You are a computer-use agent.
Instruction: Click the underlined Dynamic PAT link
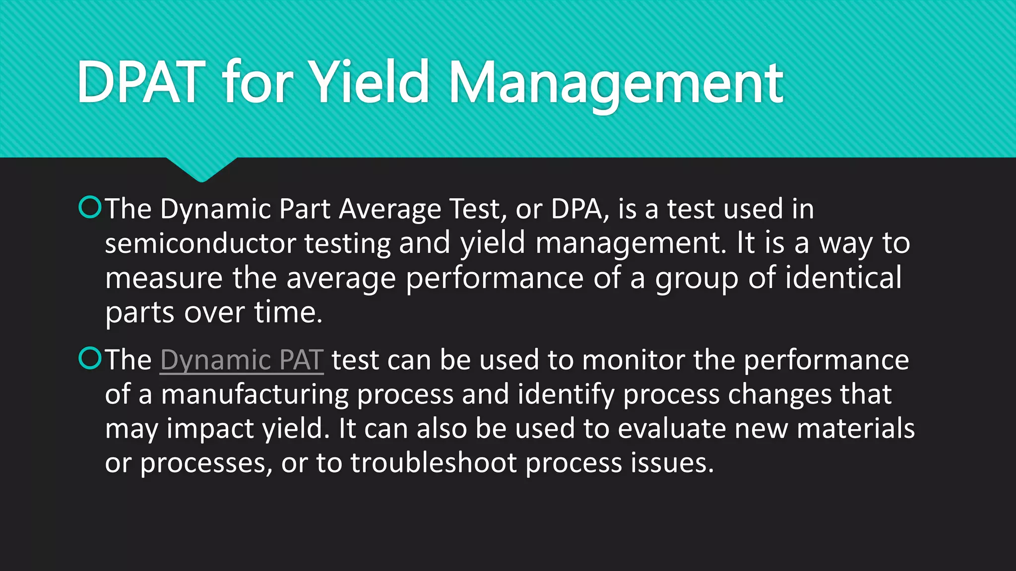(242, 360)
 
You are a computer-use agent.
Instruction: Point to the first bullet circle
(90, 208)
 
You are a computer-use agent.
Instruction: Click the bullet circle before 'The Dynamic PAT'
(90, 358)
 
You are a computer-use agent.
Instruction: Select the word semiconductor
(200, 243)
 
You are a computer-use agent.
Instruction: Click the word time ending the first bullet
(288, 313)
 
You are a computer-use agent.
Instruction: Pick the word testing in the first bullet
(347, 244)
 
